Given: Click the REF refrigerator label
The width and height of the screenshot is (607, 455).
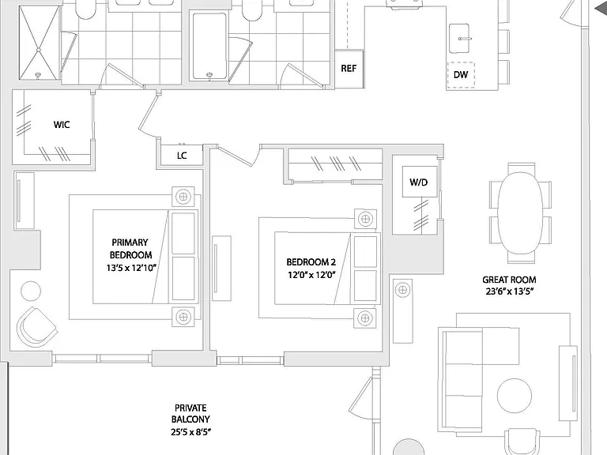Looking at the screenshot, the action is [349, 69].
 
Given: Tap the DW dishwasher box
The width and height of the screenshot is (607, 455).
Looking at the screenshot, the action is [461, 75].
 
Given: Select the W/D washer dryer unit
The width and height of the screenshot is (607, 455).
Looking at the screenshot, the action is [419, 182].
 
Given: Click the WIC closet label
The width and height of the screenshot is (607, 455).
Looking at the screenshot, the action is [62, 125].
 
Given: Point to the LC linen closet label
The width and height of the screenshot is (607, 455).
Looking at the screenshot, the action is [182, 156].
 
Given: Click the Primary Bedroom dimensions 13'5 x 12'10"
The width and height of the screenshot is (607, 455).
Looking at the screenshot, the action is [132, 268].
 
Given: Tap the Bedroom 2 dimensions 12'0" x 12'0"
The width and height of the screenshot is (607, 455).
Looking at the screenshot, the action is [311, 275].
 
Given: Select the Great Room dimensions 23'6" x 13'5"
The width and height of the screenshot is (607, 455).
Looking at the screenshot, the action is [510, 291].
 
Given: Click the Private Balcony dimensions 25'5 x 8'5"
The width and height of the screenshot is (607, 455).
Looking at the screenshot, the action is [190, 432].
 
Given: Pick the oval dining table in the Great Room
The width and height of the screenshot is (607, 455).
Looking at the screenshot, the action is [520, 212].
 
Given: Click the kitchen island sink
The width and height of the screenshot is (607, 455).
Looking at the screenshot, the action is [459, 38].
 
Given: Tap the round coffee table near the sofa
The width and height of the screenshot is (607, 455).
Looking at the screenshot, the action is [514, 396].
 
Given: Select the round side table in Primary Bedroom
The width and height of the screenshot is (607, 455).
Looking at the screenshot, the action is [31, 291].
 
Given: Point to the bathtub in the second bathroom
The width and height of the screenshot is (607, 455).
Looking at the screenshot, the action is [209, 46].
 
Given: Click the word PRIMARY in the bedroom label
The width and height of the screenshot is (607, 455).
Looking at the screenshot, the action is [130, 243].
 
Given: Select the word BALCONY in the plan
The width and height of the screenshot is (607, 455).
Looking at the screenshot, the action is [190, 419].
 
